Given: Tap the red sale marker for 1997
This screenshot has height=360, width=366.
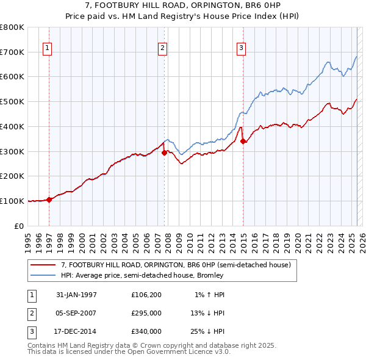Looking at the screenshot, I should click(49, 199).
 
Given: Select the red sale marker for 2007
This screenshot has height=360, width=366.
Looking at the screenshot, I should click(164, 153).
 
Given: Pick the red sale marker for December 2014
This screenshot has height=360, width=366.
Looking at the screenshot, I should click(243, 141).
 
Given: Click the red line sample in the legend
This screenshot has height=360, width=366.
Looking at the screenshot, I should click(43, 265).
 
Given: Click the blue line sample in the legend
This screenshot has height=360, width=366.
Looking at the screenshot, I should click(43, 275).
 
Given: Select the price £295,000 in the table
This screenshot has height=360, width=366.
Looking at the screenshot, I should click(146, 313).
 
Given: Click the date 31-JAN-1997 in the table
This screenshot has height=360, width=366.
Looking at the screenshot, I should click(76, 295).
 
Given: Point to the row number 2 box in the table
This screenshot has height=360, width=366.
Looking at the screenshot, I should click(30, 313).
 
